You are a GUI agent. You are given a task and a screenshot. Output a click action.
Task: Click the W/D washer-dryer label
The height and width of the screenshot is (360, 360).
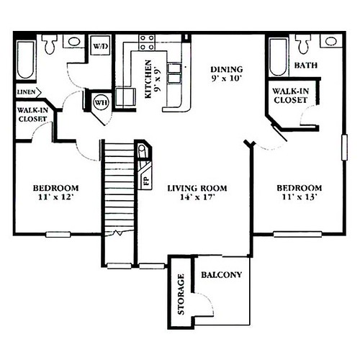[99, 46]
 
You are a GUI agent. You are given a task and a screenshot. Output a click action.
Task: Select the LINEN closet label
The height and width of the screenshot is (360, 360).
[25, 91]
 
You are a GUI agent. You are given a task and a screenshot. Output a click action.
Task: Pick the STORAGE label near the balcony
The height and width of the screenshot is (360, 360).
[181, 294]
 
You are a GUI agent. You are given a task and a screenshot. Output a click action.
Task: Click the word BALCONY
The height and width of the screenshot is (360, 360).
[221, 275]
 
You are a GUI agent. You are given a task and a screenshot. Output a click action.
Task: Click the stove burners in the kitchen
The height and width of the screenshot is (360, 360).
[147, 42]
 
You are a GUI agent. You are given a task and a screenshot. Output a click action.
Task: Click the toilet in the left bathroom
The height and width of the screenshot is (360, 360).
[50, 45]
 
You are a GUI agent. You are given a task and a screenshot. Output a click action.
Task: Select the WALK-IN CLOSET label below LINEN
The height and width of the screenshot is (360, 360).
[32, 114]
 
